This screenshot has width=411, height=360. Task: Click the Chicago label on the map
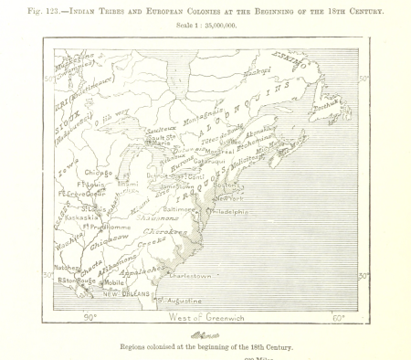point(99,172)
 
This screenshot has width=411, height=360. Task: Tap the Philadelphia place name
point(228,211)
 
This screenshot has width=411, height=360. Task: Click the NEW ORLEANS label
point(124,294)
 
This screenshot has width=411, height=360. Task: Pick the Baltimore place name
point(179,209)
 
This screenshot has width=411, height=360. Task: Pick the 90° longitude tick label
point(90,317)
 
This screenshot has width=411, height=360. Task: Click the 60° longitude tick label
point(338,317)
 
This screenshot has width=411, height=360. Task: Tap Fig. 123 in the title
point(47,10)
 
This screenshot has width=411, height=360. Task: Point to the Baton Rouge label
point(76,281)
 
